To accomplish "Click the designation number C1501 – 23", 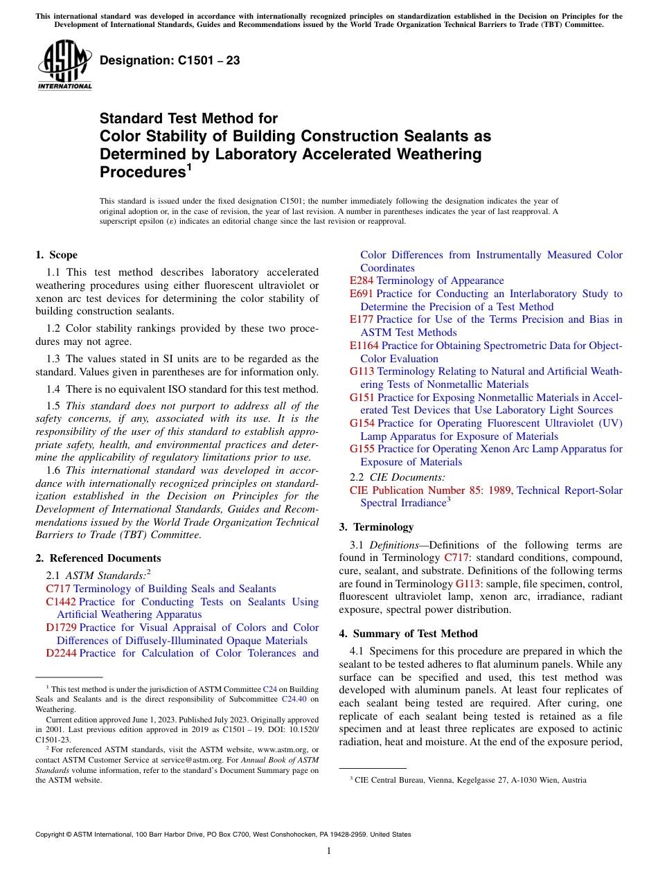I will click(x=170, y=60).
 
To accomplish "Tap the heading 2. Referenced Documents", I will click(x=98, y=558).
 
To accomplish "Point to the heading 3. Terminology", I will click(x=376, y=526).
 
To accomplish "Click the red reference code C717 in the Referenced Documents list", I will click(x=57, y=589).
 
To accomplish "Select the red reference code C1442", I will click(x=61, y=602).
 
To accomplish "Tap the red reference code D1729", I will click(x=61, y=628).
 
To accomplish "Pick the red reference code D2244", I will click(x=61, y=653).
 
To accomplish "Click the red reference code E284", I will click(x=362, y=281).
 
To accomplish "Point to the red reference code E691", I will click(x=362, y=294).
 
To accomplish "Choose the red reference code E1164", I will click(x=364, y=345).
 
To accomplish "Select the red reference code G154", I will click(x=362, y=422).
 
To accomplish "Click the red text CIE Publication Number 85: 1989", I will click(x=431, y=490).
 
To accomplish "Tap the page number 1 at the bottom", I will click(x=329, y=851).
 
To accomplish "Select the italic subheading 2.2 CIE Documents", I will click(x=398, y=477).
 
